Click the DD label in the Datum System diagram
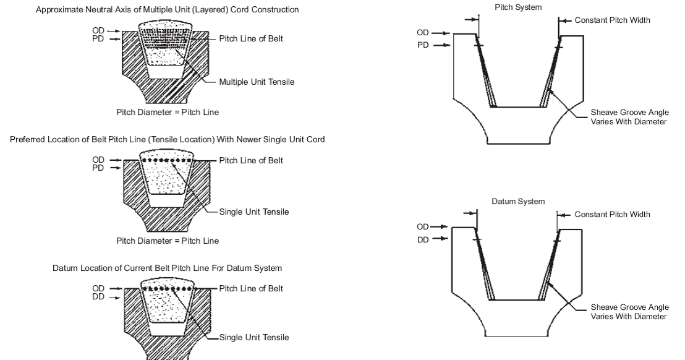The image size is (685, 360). (x=423, y=239)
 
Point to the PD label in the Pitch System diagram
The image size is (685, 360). (x=423, y=45)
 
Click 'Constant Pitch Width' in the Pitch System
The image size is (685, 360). (x=612, y=20)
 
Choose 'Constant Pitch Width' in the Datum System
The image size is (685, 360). (x=612, y=215)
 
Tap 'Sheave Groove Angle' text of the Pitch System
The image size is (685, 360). (x=629, y=113)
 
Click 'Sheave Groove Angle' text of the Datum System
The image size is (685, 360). (x=629, y=307)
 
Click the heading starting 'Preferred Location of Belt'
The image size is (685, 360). (x=168, y=140)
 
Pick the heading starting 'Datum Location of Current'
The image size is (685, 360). (x=168, y=268)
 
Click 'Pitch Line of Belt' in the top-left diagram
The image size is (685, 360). (x=251, y=38)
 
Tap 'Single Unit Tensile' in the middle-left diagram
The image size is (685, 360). (x=254, y=212)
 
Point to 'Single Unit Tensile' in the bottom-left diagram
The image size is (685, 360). (x=254, y=338)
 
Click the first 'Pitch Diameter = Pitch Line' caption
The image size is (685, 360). (x=167, y=113)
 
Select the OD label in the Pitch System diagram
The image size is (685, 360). (x=423, y=32)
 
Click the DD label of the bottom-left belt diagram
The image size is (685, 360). (x=98, y=296)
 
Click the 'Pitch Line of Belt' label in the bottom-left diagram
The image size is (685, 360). (x=251, y=289)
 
